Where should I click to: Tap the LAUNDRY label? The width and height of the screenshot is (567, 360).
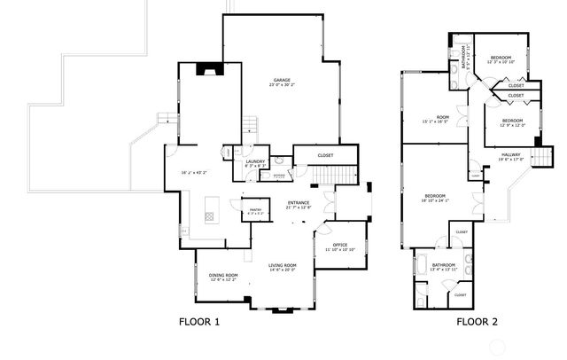point(255,160)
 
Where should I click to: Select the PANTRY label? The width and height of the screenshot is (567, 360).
point(255,208)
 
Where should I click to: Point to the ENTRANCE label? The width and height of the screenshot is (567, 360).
point(298,203)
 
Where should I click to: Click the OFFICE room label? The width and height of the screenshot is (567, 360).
point(339,245)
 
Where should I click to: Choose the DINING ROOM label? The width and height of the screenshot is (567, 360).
point(224,275)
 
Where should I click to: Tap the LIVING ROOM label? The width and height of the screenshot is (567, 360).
point(283,265)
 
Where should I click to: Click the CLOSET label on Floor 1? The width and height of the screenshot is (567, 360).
point(325,156)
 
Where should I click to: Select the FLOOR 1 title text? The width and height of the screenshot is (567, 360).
point(199,322)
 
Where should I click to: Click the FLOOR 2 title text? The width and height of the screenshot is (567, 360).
point(477,322)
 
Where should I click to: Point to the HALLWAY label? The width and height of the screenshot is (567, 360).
point(512,154)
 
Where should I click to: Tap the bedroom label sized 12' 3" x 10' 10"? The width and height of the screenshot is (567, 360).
point(501,57)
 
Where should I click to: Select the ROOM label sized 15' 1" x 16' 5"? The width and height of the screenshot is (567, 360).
point(436,117)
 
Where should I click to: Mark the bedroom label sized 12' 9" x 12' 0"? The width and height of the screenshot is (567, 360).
point(513,121)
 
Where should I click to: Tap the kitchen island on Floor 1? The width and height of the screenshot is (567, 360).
point(211,215)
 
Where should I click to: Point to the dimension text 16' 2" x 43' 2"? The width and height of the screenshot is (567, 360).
point(194,172)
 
